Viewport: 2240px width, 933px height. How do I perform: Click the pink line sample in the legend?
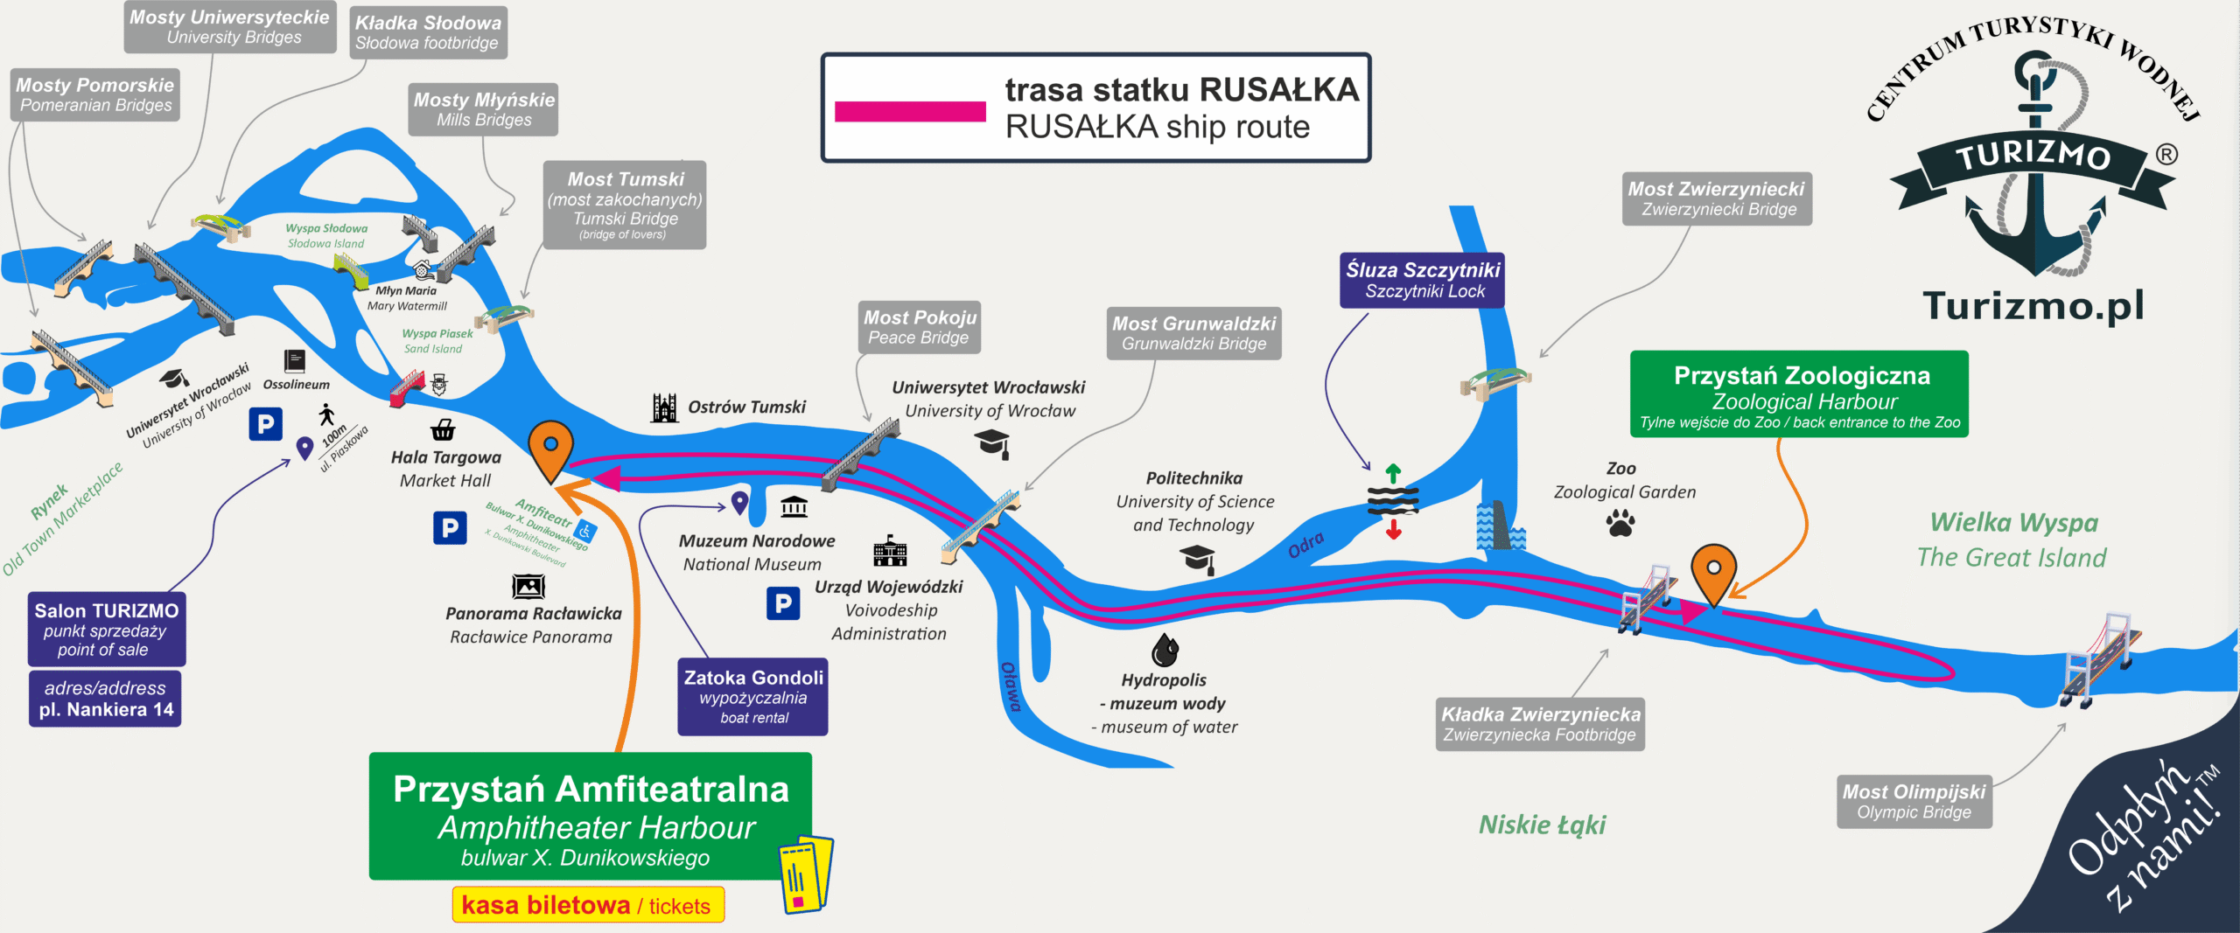click(910, 111)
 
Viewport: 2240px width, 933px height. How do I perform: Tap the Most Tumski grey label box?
click(624, 205)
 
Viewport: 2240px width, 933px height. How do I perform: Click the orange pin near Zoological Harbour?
click(1712, 571)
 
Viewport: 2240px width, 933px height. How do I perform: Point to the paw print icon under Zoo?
click(1620, 524)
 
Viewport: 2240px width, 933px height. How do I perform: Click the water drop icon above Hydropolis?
click(1165, 650)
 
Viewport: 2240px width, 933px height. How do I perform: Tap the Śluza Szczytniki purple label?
click(1422, 280)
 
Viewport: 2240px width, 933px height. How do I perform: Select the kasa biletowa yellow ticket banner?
click(588, 905)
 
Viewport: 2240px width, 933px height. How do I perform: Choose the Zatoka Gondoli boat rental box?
click(752, 697)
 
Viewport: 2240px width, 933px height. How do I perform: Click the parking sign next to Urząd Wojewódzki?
click(783, 603)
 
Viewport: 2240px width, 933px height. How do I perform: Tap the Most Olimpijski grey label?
click(1914, 801)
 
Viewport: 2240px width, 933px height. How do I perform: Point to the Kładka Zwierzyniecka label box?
click(1540, 724)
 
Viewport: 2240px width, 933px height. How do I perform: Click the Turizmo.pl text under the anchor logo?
click(2033, 306)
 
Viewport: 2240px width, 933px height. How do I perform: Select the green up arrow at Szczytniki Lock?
click(1393, 474)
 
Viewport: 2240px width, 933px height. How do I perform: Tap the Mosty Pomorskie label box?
click(95, 94)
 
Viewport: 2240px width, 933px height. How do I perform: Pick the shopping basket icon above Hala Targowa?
click(443, 429)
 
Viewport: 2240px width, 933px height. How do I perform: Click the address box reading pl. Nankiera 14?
click(105, 699)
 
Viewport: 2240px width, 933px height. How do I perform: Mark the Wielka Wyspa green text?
click(2013, 523)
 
